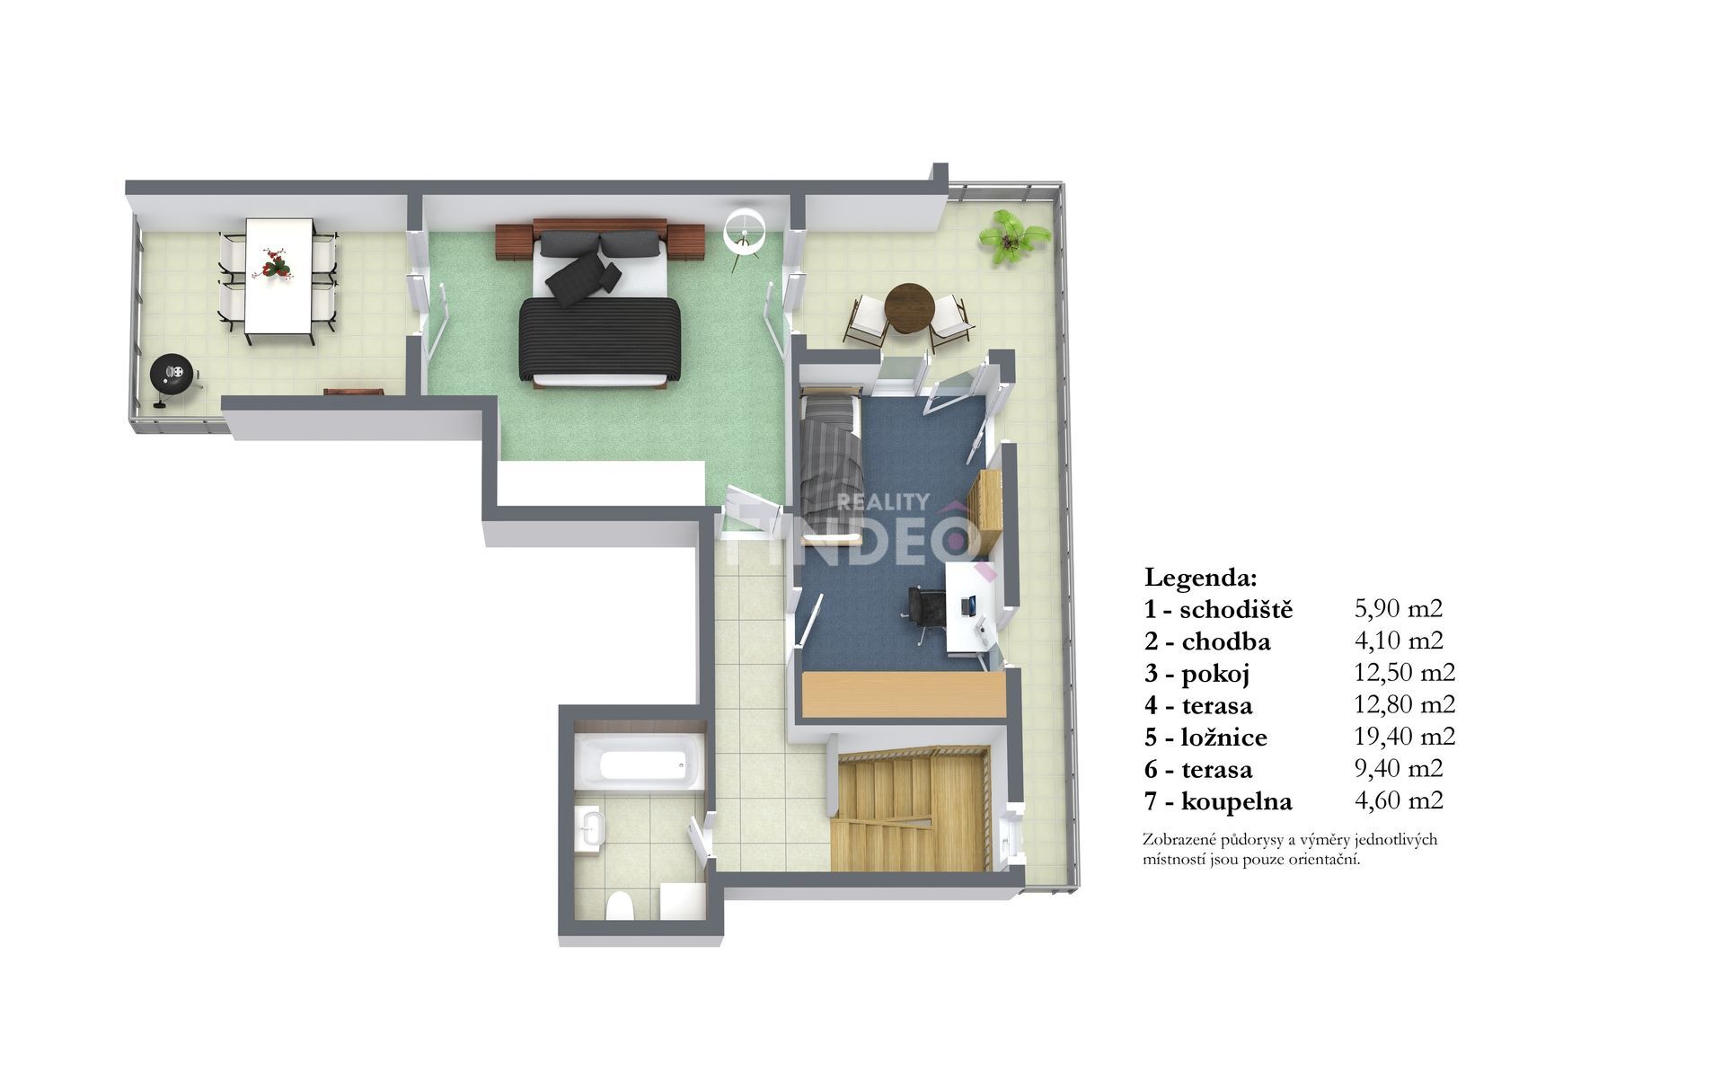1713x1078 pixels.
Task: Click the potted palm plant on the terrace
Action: click(1013, 238)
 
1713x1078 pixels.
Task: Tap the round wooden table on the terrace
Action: click(909, 309)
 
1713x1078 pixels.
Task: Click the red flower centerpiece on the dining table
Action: click(273, 263)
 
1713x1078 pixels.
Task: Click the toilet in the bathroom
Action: click(620, 906)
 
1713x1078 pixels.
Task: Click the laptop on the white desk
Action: click(970, 605)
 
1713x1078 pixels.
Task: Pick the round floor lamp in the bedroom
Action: click(745, 230)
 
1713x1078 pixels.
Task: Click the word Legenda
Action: click(1201, 576)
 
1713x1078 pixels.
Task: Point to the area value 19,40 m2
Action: click(1404, 737)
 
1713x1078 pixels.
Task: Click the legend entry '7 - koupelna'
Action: click(1217, 801)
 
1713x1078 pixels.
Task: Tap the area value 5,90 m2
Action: click(1398, 608)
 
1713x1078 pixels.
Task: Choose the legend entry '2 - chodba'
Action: click(1207, 641)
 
